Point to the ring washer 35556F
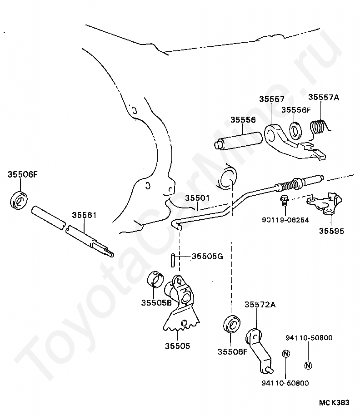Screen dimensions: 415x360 295,130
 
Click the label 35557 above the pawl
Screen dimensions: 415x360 272,99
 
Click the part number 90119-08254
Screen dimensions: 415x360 285,220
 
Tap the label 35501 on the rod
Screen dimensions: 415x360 197,198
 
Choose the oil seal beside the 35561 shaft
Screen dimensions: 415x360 19,201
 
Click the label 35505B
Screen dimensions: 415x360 156,303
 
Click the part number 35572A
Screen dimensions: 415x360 260,305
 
